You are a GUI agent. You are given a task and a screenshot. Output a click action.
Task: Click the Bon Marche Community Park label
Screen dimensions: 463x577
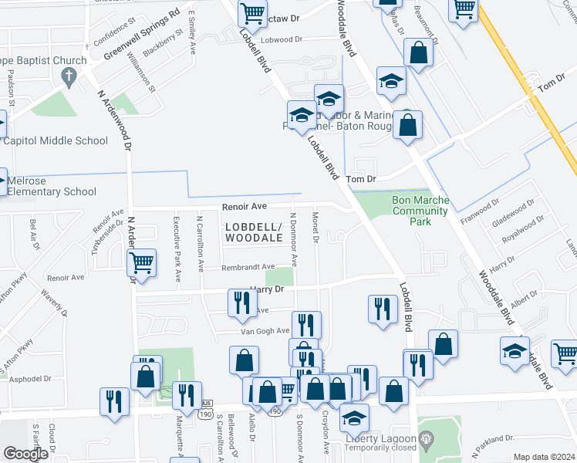point(420,210)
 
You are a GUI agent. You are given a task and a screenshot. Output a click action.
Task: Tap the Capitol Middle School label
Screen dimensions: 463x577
point(56,140)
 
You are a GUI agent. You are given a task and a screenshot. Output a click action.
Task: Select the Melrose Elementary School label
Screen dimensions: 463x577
point(52,186)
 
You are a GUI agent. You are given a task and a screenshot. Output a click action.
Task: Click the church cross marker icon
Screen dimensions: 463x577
point(69,76)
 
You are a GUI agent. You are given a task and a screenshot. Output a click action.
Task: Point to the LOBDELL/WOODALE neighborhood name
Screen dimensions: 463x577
point(255,232)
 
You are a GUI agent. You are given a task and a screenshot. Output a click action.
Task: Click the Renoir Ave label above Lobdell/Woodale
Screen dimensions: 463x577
point(244,206)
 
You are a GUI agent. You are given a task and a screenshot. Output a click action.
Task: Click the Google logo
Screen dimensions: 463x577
point(25,454)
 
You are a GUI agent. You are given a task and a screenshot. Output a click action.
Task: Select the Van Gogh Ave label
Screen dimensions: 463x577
point(265,330)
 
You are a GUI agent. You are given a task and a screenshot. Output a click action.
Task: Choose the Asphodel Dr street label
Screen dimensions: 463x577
point(31,379)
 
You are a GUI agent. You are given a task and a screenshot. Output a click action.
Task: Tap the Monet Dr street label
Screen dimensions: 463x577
point(316,228)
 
